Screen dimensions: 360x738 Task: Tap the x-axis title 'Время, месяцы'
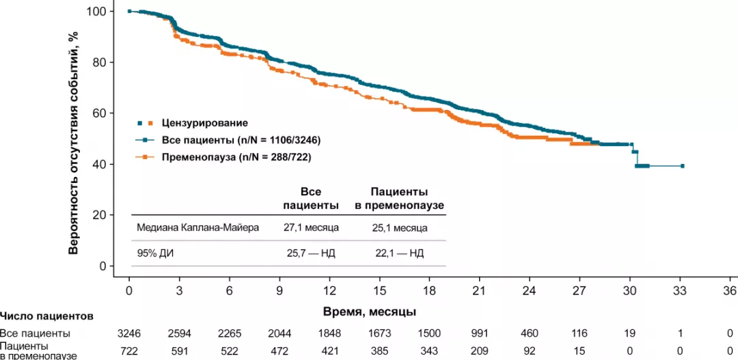(370, 311)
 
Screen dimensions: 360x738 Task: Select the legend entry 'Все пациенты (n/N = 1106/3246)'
(241, 140)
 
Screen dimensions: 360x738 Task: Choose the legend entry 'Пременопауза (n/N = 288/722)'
(238, 157)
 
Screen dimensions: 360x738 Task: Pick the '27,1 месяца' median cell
(311, 228)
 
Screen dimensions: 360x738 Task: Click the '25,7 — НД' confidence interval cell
(311, 253)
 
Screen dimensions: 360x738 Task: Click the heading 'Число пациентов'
(46, 316)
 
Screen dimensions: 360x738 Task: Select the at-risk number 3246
(129, 333)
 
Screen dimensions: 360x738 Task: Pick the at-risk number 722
(129, 350)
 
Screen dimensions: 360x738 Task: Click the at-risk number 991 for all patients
(479, 333)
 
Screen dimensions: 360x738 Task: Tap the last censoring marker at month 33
(682, 166)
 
